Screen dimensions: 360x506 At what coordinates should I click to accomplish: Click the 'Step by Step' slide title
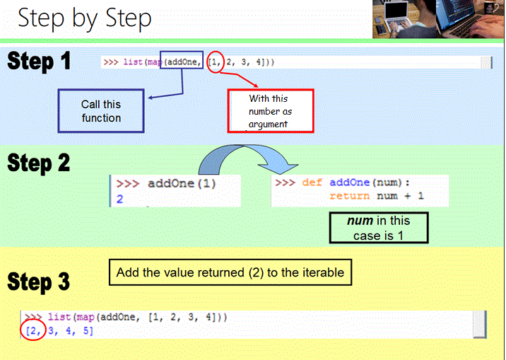[85, 18]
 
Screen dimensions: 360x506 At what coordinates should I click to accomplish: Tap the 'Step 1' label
[40, 62]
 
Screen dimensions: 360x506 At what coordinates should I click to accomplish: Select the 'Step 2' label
[39, 163]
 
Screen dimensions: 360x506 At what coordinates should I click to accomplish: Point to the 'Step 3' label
[39, 281]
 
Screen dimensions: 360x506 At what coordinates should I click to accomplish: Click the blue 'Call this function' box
[101, 111]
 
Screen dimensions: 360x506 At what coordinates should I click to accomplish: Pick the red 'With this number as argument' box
[270, 111]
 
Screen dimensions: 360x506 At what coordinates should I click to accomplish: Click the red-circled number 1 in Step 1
[218, 62]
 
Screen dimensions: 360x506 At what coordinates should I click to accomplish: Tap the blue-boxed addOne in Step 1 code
[182, 62]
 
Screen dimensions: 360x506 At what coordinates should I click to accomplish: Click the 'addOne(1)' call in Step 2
[182, 184]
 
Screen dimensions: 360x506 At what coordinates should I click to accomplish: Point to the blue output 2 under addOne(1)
[120, 199]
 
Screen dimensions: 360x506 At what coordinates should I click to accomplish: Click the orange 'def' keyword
[312, 182]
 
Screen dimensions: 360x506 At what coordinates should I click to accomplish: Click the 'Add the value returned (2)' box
[230, 272]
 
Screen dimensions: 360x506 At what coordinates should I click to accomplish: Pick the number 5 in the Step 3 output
[88, 331]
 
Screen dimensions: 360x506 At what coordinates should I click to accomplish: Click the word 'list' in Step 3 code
[59, 318]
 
